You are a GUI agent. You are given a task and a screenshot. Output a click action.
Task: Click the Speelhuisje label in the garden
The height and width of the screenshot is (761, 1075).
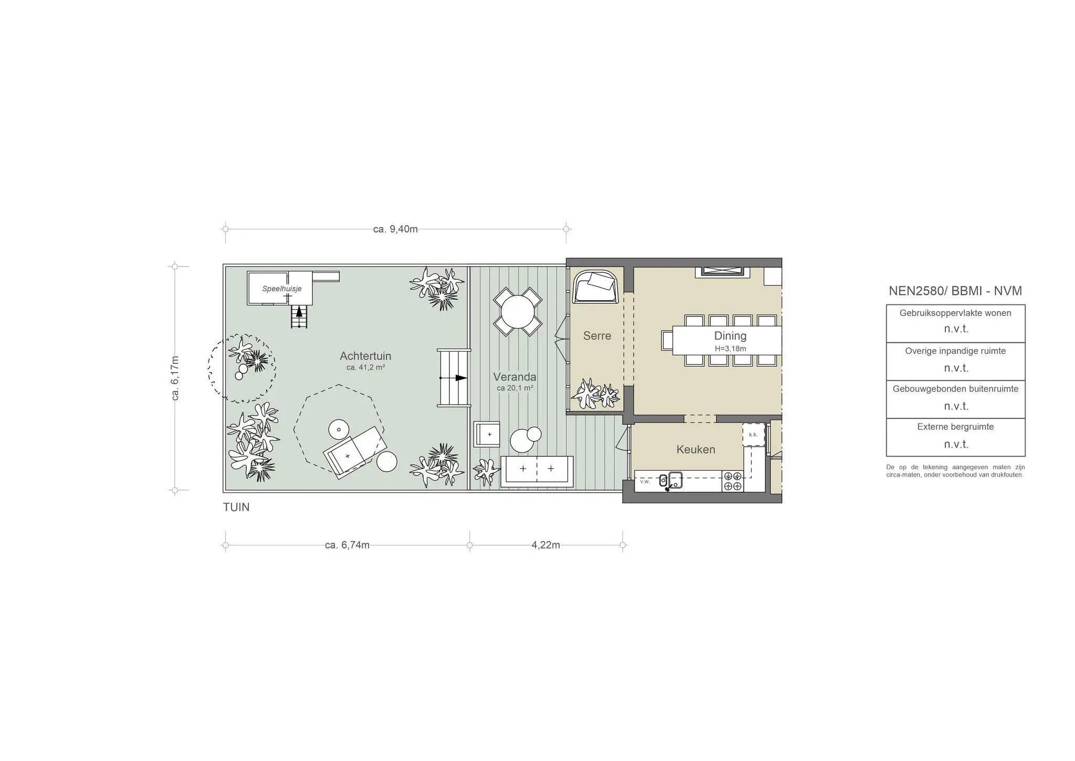click(282, 289)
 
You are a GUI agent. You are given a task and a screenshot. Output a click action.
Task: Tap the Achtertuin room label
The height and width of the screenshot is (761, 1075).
click(365, 356)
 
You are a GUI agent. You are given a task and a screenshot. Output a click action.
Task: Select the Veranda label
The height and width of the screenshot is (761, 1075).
click(514, 377)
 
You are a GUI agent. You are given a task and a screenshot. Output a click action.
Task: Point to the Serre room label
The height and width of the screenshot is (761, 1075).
click(597, 335)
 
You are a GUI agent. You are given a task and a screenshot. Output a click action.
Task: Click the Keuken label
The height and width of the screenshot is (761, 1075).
click(695, 449)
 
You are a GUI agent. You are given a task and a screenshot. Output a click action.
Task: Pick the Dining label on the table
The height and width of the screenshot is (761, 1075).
click(730, 336)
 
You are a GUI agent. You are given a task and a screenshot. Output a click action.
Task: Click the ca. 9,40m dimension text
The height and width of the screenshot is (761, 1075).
click(395, 229)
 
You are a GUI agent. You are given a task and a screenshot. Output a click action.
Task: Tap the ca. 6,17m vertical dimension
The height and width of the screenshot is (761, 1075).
click(175, 378)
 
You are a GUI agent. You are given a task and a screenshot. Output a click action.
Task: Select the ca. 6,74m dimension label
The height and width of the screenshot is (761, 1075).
click(347, 545)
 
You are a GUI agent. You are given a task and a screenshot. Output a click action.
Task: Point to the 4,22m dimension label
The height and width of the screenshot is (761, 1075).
click(546, 545)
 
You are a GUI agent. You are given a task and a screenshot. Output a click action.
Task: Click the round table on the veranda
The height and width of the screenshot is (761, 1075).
click(518, 312)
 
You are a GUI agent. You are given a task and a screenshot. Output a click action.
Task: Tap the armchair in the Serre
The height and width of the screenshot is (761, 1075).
click(596, 287)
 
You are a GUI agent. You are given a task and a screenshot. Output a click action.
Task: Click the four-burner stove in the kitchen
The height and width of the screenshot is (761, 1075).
click(733, 481)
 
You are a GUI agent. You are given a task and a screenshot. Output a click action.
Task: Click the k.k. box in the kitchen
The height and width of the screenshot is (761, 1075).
click(754, 435)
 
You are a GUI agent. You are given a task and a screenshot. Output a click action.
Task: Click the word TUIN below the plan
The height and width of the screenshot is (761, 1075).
click(236, 507)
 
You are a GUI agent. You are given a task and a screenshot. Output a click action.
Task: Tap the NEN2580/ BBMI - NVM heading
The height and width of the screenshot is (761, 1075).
click(955, 291)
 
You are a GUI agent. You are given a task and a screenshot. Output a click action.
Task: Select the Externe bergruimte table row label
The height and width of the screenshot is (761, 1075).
click(955, 427)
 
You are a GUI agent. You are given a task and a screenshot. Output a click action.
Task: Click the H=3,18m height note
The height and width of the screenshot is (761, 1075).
click(730, 348)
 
